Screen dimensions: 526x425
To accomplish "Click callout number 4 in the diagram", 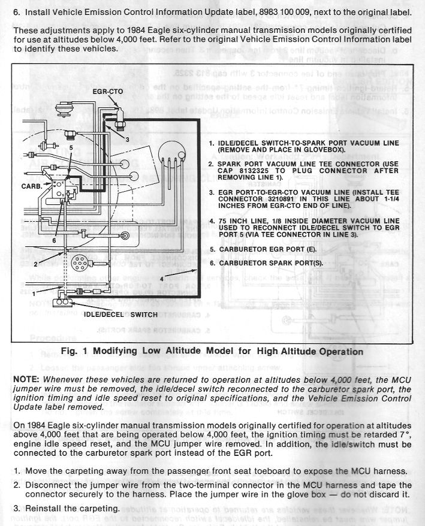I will (162, 278).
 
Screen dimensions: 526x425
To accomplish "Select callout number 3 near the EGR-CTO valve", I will (127, 139).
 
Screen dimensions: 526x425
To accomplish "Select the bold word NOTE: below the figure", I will (26, 380).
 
